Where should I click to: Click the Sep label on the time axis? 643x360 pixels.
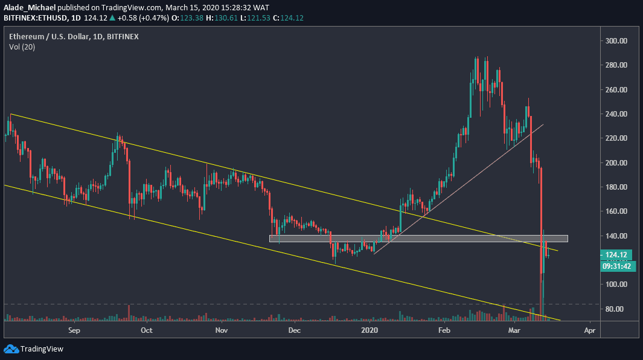tap(74, 330)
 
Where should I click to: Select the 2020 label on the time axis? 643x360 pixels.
tap(369, 330)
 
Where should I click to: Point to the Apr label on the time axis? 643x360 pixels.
tap(589, 330)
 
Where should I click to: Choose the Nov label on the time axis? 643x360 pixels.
tap(221, 330)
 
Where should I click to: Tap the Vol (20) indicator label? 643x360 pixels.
tap(22, 47)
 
